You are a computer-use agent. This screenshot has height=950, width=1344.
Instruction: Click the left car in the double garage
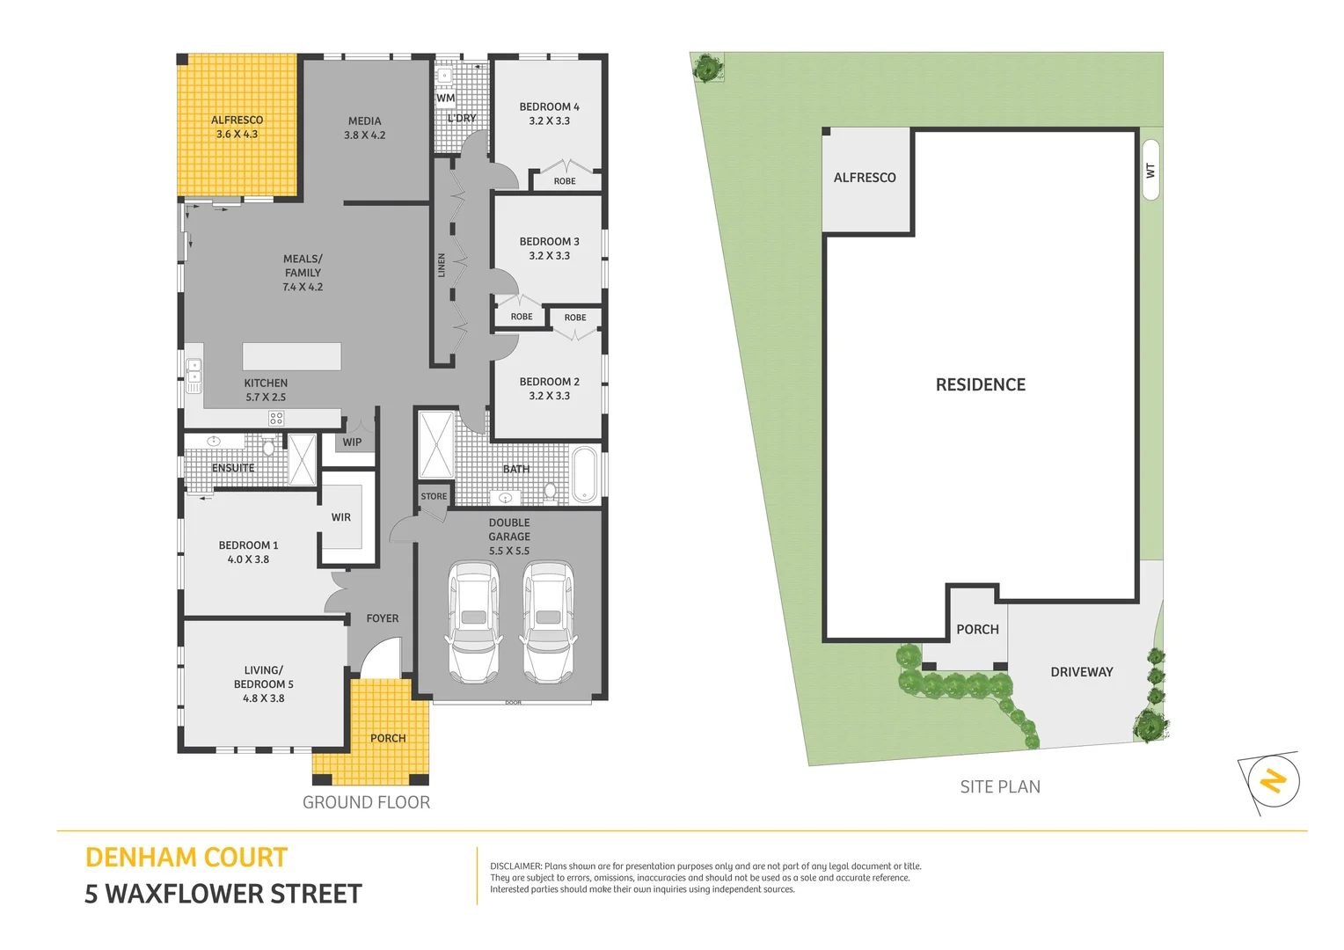[474, 623]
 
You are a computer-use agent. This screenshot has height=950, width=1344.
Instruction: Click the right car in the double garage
[548, 623]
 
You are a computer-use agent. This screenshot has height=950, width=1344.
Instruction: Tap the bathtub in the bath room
[585, 474]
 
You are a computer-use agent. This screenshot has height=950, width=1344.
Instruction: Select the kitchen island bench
[291, 356]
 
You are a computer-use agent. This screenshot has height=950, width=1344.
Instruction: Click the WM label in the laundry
[446, 98]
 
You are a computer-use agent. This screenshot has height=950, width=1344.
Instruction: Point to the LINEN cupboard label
[442, 265]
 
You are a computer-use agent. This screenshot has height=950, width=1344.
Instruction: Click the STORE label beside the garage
[434, 496]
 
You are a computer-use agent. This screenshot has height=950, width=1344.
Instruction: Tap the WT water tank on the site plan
[1150, 170]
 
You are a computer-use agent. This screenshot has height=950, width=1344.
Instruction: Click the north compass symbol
[1273, 781]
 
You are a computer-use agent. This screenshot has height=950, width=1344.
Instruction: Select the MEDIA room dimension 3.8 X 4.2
[364, 135]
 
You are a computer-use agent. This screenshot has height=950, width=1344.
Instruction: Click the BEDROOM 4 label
[549, 106]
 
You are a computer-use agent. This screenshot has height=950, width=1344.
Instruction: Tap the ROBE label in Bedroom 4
[565, 181]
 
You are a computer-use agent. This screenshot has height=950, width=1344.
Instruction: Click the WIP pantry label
[352, 442]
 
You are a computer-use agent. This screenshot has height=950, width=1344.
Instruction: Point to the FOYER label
[382, 618]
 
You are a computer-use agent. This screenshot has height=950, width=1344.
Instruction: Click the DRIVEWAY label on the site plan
[1081, 672]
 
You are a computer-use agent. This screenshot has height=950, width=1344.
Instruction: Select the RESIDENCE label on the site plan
[980, 384]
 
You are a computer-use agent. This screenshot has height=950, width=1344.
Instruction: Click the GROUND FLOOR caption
[366, 802]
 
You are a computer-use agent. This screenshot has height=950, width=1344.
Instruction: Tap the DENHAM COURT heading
[186, 858]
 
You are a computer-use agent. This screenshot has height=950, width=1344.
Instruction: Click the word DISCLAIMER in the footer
[515, 866]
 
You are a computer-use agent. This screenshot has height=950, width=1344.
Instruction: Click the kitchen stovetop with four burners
[276, 419]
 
